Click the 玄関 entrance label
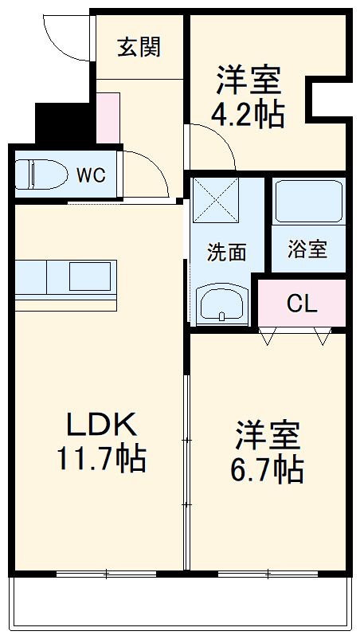pyautogui.click(x=139, y=48)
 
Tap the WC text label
pyautogui.click(x=91, y=176)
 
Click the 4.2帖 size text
pyautogui.click(x=248, y=116)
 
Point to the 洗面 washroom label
pyautogui.click(x=226, y=253)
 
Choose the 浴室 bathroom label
pyautogui.click(x=307, y=249)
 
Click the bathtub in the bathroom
pyautogui.click(x=307, y=203)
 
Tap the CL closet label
pyautogui.click(x=302, y=304)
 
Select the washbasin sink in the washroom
pyautogui.click(x=221, y=304)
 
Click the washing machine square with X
pyautogui.click(x=215, y=202)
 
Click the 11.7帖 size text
pyautogui.click(x=100, y=459)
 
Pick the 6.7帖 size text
pyautogui.click(x=268, y=470)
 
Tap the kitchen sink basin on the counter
pyautogui.click(x=91, y=276)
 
